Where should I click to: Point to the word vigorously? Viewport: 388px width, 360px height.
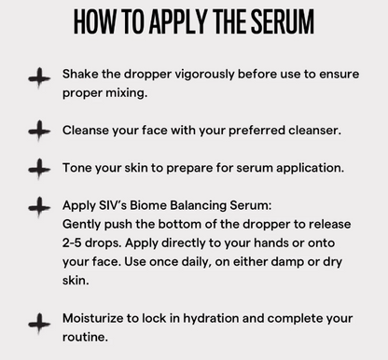(195, 73)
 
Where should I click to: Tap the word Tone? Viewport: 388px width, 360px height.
(79, 167)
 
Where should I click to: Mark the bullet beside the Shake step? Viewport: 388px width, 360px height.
(39, 80)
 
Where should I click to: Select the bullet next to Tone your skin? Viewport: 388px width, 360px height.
(39, 168)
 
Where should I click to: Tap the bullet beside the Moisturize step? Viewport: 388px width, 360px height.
(39, 325)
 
